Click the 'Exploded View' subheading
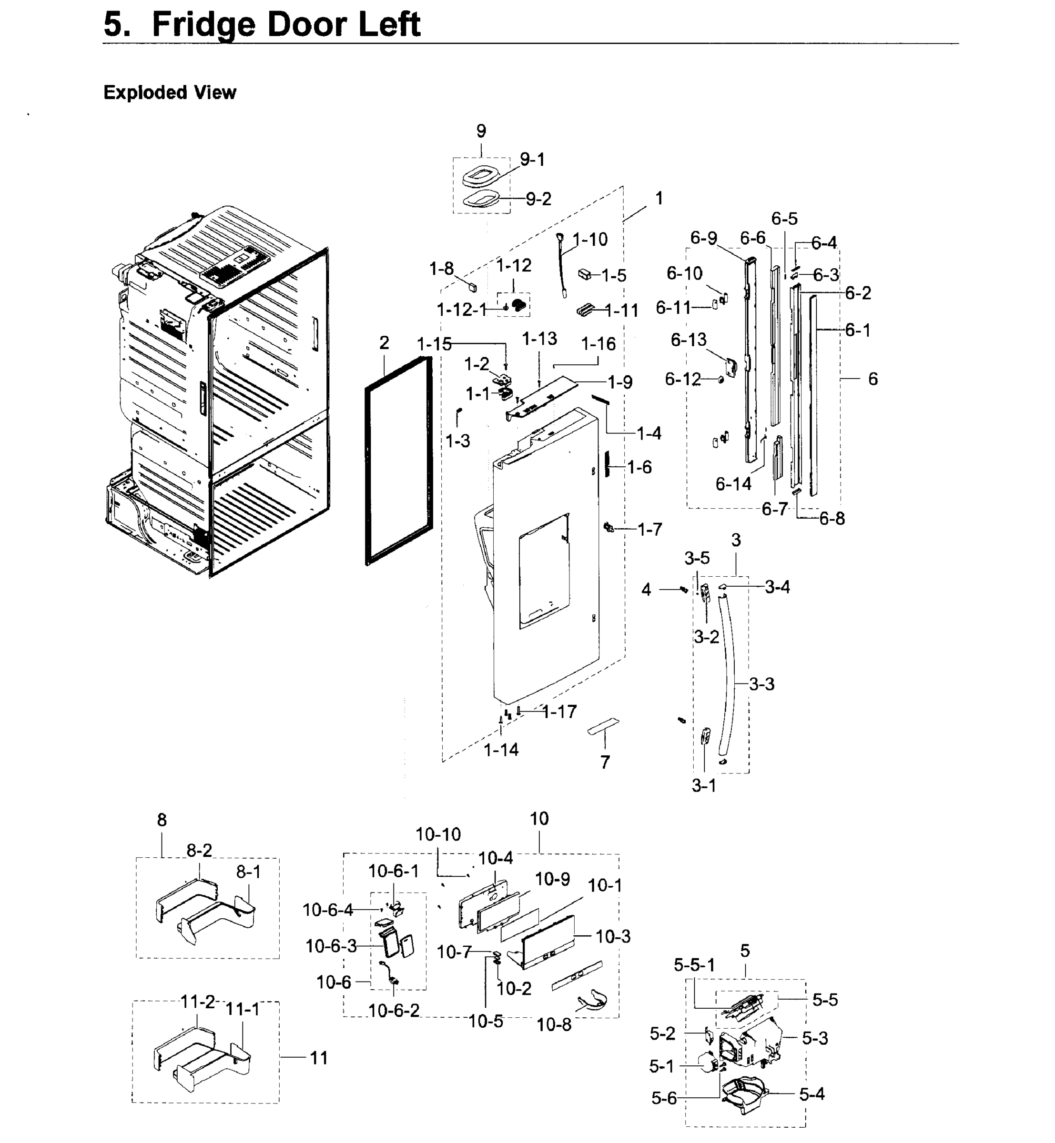tap(170, 92)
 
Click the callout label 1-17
tap(559, 712)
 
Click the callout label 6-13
tap(689, 340)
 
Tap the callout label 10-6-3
tap(331, 946)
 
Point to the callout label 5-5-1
tap(694, 965)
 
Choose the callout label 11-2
tap(198, 1002)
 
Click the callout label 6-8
tap(832, 518)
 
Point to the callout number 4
tap(646, 590)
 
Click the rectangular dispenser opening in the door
tap(544, 571)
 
